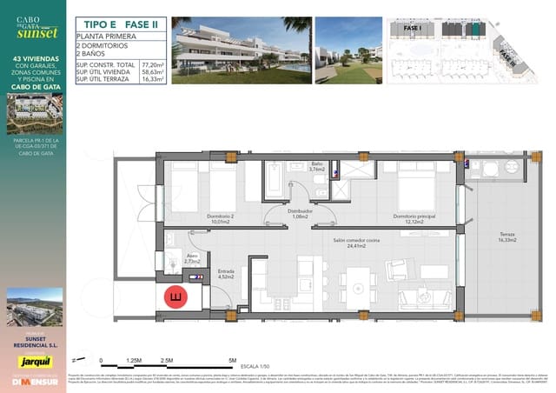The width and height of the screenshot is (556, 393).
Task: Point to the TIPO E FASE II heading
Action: click(117, 24)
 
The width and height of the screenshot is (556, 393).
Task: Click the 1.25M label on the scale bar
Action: click(134, 359)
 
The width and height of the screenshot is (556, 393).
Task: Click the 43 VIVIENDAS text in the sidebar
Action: click(35, 60)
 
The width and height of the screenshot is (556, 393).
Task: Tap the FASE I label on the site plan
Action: click(412, 29)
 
